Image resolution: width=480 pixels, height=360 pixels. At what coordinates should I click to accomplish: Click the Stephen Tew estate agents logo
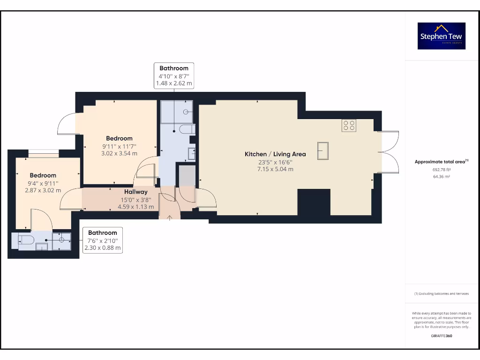coord(441,36)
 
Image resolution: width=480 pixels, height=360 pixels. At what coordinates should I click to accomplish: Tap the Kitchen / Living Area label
coord(275,154)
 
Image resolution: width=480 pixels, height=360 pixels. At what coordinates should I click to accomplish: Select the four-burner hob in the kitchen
coord(349,125)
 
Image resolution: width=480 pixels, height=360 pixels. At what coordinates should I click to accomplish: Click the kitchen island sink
coord(322,151)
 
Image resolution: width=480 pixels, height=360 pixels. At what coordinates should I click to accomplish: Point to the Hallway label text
coord(136,192)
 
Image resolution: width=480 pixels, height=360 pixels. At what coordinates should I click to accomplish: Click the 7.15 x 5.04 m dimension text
coord(275,169)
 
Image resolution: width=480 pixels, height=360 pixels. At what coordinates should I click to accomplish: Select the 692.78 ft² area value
coord(441,170)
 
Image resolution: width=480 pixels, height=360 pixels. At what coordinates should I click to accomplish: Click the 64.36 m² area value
coord(441,177)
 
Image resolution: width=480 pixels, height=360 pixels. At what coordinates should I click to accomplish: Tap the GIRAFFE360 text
coord(441,336)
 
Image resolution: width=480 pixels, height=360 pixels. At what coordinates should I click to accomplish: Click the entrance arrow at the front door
coord(169,217)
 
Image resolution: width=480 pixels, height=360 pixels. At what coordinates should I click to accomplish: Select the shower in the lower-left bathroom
coord(61,241)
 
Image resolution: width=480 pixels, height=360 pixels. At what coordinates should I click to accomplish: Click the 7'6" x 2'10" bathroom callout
coord(103,240)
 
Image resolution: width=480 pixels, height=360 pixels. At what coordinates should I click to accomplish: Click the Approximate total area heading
coord(441,162)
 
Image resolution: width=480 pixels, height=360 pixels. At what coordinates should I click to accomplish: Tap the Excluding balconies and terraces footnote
coord(441,294)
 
